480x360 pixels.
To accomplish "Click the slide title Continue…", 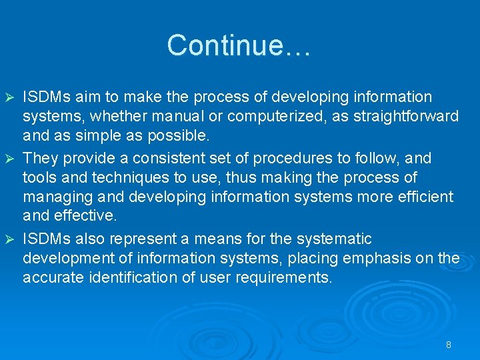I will click(x=239, y=45).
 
